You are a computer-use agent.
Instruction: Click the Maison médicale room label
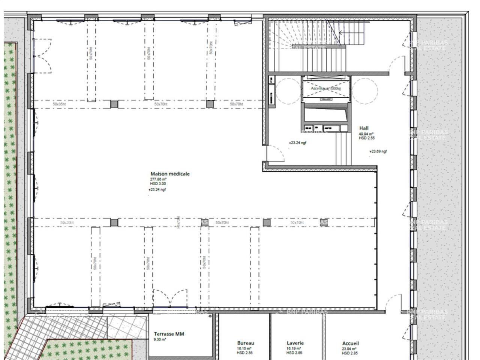(170, 174)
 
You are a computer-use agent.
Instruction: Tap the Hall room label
(364, 128)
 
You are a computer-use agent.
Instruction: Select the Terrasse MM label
(169, 334)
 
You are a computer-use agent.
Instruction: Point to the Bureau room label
(246, 343)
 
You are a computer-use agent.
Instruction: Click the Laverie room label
(295, 343)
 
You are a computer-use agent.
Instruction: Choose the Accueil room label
(350, 343)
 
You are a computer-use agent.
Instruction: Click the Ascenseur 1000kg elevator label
(325, 88)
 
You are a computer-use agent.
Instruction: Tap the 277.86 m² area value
(158, 179)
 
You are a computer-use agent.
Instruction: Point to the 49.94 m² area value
(366, 134)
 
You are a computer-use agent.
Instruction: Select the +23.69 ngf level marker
(378, 151)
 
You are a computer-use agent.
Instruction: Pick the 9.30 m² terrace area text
(160, 340)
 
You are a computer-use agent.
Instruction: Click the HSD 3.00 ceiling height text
(158, 184)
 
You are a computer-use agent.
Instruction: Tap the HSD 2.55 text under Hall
(366, 138)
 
